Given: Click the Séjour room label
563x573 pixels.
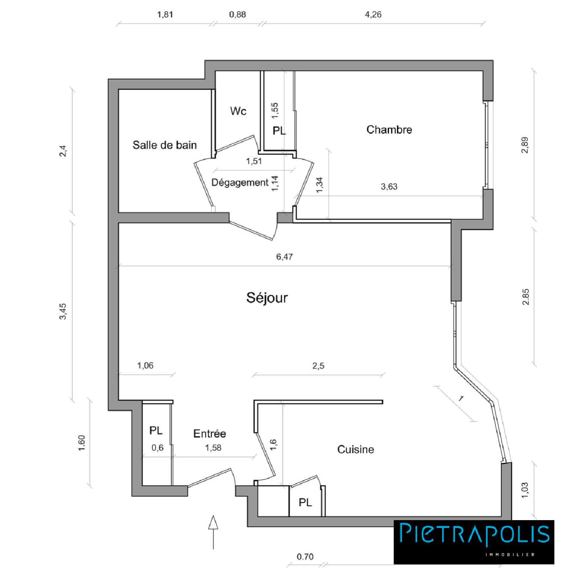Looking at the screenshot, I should click(x=267, y=298).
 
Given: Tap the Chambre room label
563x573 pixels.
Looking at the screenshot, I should click(x=389, y=130).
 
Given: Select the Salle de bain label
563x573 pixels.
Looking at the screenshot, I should click(x=164, y=145).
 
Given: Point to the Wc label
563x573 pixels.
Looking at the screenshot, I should click(x=238, y=111).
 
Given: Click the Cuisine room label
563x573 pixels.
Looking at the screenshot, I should click(x=355, y=449).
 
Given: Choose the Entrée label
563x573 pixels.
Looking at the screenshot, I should click(x=209, y=433).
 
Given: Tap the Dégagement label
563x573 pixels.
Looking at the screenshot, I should click(x=240, y=183).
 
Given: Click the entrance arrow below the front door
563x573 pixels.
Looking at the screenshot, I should click(x=213, y=531).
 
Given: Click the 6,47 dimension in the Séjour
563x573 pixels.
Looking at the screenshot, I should click(x=284, y=257).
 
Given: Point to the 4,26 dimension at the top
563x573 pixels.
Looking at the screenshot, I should click(x=373, y=15).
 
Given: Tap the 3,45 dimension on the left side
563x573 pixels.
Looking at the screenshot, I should click(x=63, y=311).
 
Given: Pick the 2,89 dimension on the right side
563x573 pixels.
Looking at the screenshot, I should click(x=525, y=145).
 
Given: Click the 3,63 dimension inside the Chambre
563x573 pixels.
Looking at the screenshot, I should click(x=389, y=187).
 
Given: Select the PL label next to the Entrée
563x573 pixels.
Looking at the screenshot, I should click(x=156, y=430).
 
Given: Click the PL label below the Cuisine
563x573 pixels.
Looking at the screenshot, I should click(x=305, y=502).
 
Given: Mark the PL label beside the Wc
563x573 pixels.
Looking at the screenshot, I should click(x=279, y=131).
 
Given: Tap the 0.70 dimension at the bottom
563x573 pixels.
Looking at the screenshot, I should click(x=305, y=557).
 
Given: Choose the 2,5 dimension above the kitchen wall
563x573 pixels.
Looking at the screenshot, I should click(x=318, y=366).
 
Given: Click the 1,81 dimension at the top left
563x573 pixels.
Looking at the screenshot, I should click(x=165, y=15).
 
